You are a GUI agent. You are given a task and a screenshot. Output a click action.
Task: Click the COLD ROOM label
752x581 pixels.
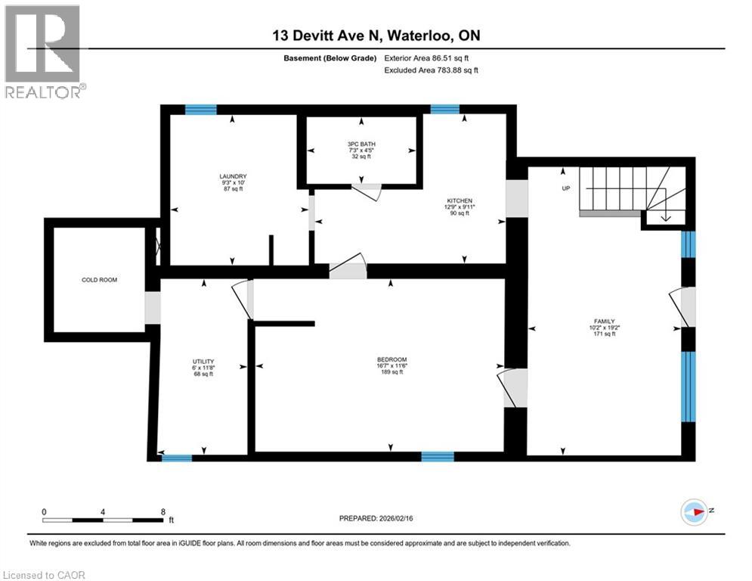pos(99,280)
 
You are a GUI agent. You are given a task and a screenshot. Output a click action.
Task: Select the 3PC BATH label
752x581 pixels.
pos(361,144)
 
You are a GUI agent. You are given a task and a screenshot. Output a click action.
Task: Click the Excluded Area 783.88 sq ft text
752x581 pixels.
pos(431,70)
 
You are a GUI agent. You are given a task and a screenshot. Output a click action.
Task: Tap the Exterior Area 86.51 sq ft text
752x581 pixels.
pos(431,57)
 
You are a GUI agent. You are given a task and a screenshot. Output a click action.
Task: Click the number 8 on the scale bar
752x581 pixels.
pos(162,511)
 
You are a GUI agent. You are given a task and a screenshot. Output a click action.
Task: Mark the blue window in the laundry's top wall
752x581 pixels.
pos(201,110)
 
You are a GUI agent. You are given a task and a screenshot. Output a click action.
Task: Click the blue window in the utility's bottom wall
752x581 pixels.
pos(177,457)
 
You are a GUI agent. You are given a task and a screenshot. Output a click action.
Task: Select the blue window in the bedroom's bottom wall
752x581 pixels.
pos(437,456)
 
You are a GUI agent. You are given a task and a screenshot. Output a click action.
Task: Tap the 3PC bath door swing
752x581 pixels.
pos(369,191)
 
